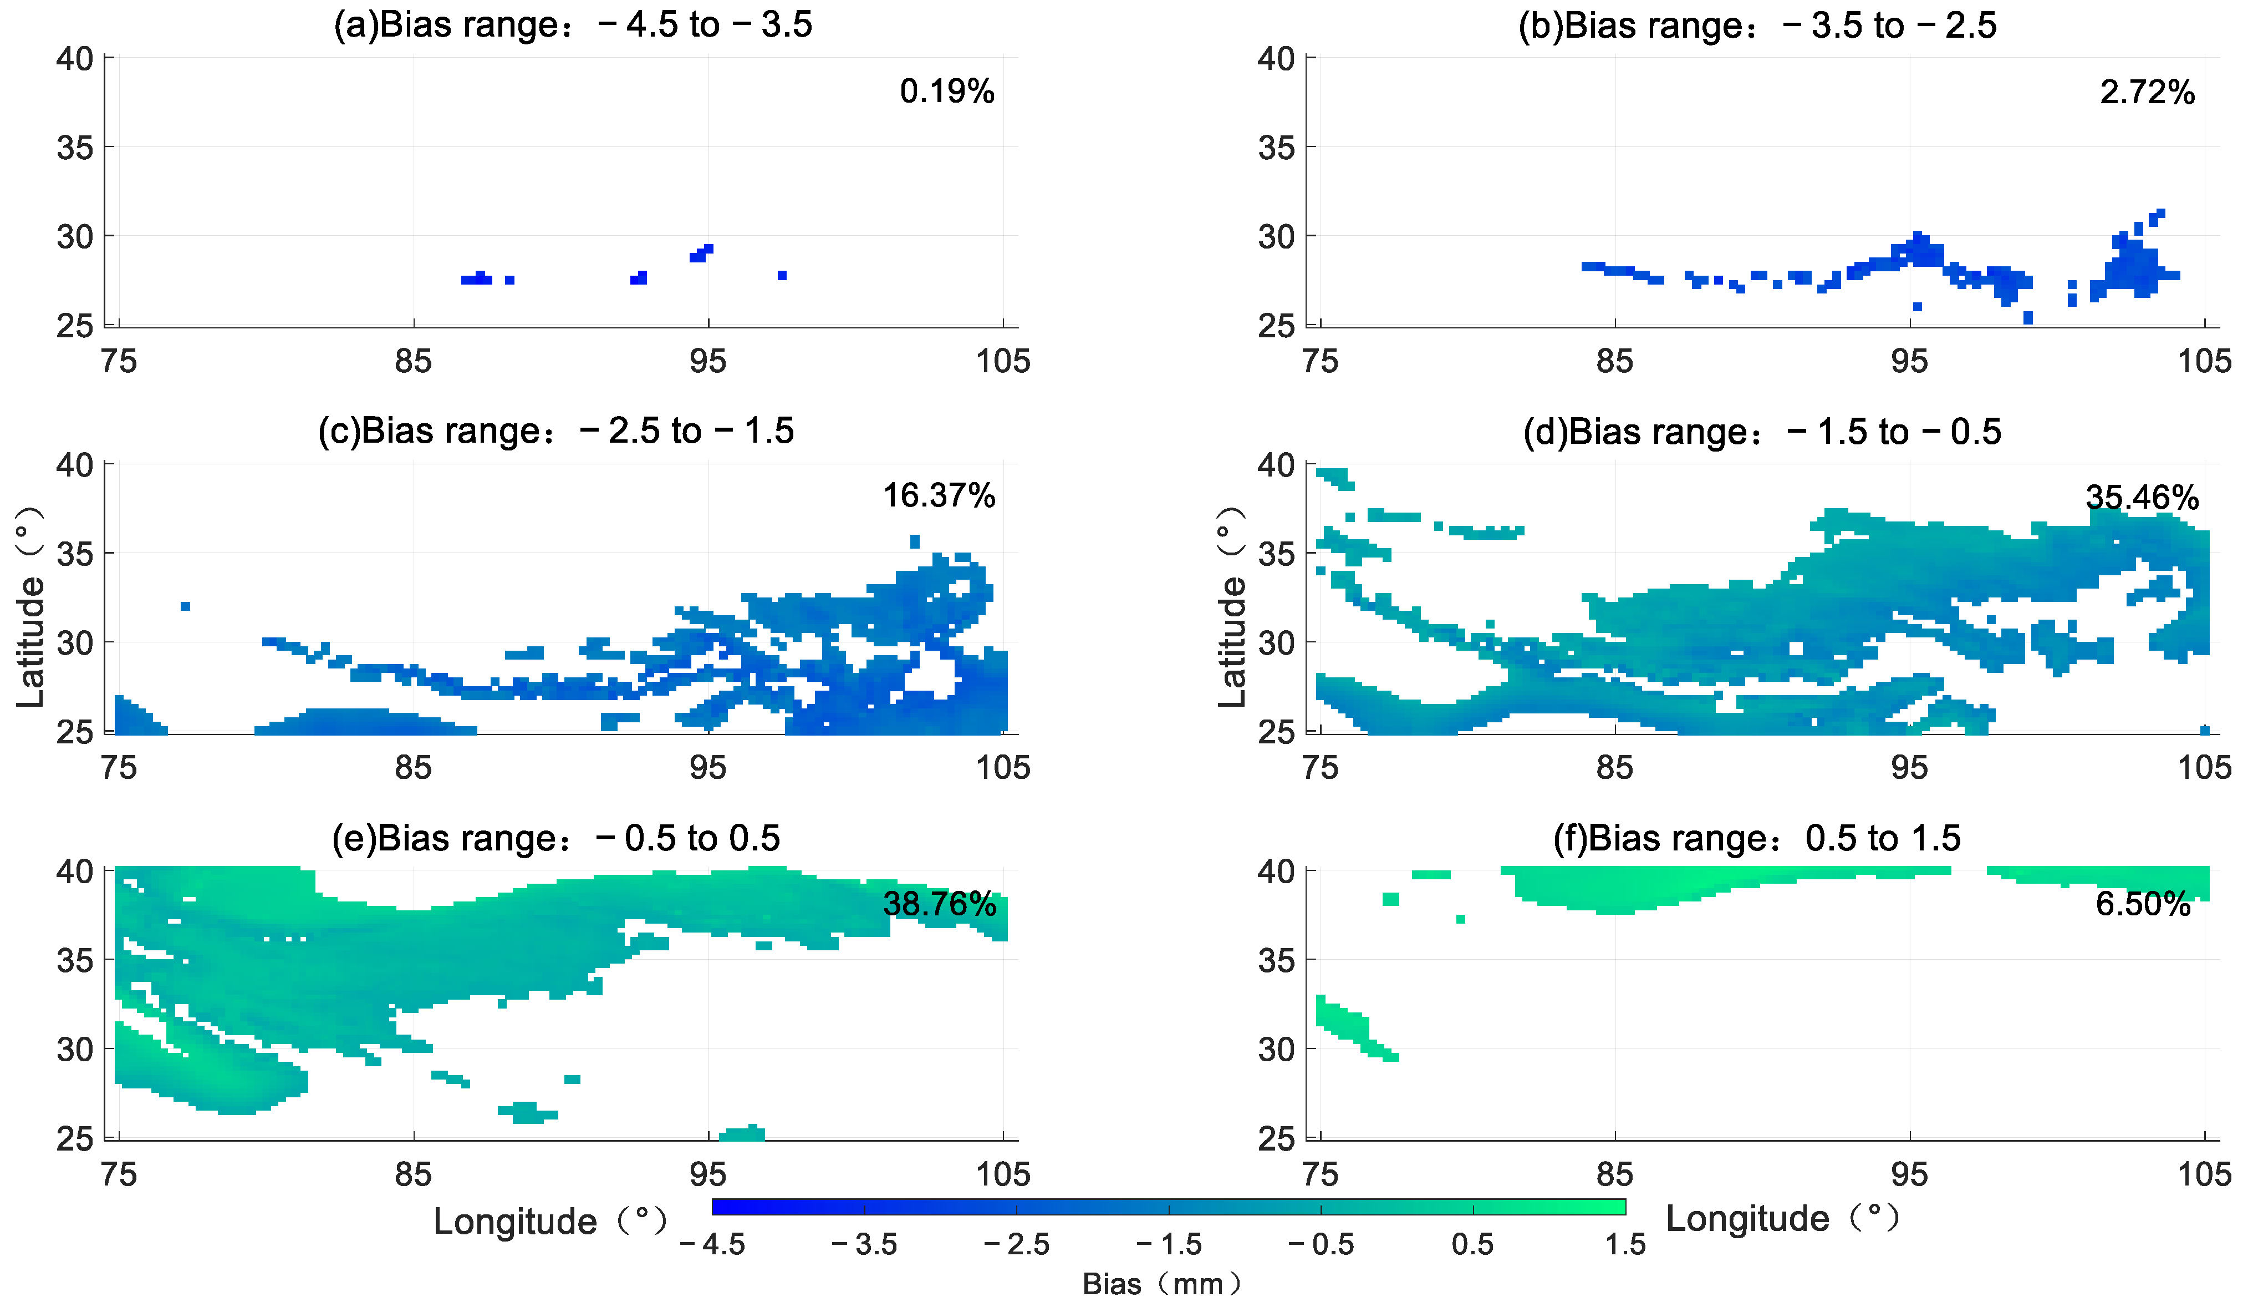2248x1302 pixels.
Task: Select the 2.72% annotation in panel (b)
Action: click(x=2147, y=92)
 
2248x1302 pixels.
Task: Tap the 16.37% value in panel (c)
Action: click(x=939, y=495)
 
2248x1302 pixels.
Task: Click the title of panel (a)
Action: click(x=573, y=24)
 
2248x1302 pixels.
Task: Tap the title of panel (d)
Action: click(x=1762, y=432)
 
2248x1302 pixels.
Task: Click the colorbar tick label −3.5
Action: click(x=864, y=1244)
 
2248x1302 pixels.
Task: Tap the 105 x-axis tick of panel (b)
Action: click(x=2204, y=361)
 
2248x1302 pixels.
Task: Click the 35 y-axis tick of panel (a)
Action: click(x=75, y=147)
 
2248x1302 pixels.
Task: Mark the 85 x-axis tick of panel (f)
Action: click(x=1615, y=1174)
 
